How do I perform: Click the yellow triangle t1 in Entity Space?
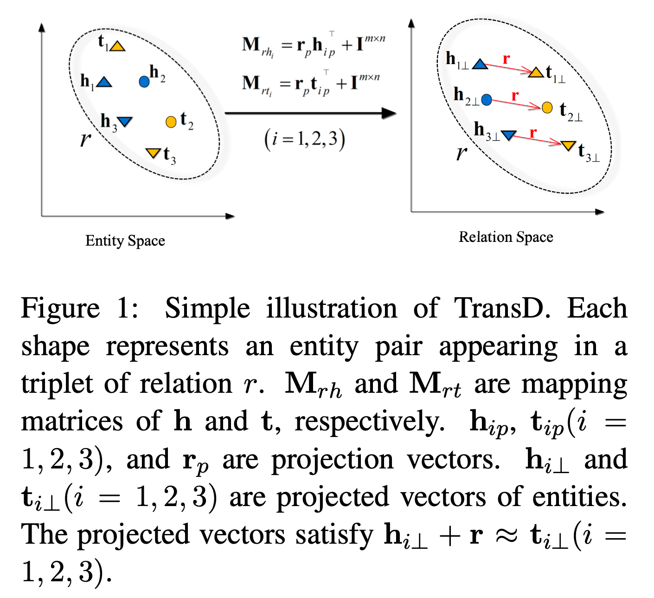pyautogui.click(x=117, y=46)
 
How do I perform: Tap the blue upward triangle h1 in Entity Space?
pyautogui.click(x=104, y=82)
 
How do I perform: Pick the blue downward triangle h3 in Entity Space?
pyautogui.click(x=125, y=122)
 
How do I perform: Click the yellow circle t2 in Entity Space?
pyautogui.click(x=171, y=122)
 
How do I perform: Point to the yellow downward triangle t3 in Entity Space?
pyautogui.click(x=153, y=152)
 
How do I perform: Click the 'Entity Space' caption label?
pyautogui.click(x=125, y=241)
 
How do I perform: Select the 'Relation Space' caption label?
pyautogui.click(x=506, y=237)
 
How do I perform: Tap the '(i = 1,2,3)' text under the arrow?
pyautogui.click(x=305, y=139)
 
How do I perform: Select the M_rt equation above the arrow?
pyautogui.click(x=311, y=84)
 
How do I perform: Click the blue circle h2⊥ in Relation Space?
pyautogui.click(x=487, y=100)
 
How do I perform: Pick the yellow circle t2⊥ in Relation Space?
pyautogui.click(x=547, y=108)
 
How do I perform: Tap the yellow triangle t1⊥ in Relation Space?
pyautogui.click(x=536, y=72)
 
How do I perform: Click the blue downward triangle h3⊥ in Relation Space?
pyautogui.click(x=509, y=135)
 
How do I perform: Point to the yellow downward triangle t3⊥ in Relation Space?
pyautogui.click(x=568, y=146)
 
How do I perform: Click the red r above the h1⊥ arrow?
pyautogui.click(x=506, y=59)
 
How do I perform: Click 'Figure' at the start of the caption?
pyautogui.click(x=60, y=308)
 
